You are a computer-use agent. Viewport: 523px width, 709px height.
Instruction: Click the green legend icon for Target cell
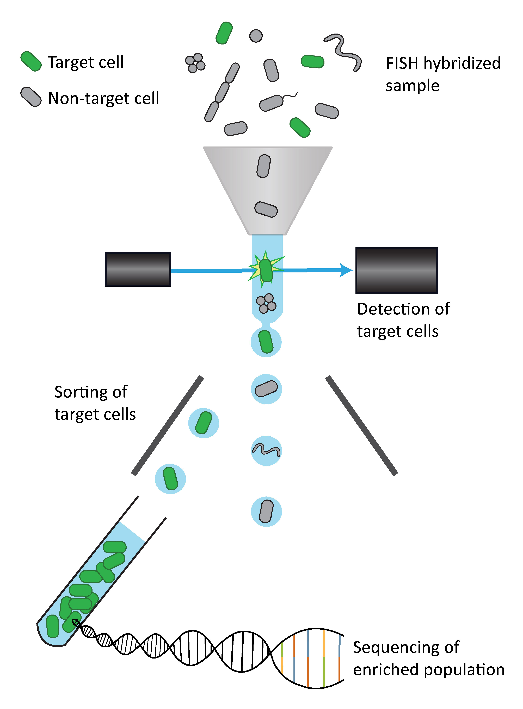click(31, 61)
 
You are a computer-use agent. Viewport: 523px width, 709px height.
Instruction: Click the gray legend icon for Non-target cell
click(31, 97)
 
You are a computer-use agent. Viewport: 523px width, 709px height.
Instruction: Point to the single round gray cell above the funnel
click(256, 36)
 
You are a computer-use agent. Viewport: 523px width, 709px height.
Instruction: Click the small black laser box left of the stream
click(138, 269)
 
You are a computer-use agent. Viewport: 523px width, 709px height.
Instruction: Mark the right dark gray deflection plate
click(361, 425)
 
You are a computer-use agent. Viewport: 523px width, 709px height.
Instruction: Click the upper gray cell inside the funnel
click(263, 166)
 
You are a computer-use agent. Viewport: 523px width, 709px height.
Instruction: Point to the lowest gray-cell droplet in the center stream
click(266, 511)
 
